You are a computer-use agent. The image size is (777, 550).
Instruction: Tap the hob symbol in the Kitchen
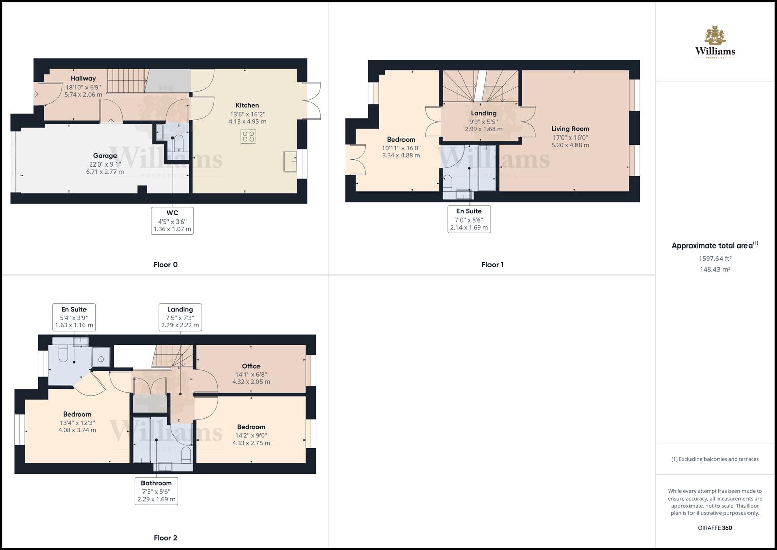pos(248,136)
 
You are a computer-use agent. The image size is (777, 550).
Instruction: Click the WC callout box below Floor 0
pos(172,221)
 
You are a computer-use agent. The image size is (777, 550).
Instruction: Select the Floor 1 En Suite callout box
pos(469,219)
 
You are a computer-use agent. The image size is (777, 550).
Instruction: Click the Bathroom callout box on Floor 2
pos(156,491)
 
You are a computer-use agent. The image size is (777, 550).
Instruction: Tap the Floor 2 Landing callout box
pos(180,317)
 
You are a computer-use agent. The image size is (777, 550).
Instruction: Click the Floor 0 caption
pos(165,265)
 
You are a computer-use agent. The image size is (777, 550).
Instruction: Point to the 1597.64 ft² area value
pos(715,258)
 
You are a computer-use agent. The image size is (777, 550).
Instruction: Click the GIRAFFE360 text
pos(714,528)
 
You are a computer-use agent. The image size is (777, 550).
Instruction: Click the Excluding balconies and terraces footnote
pos(714,459)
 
